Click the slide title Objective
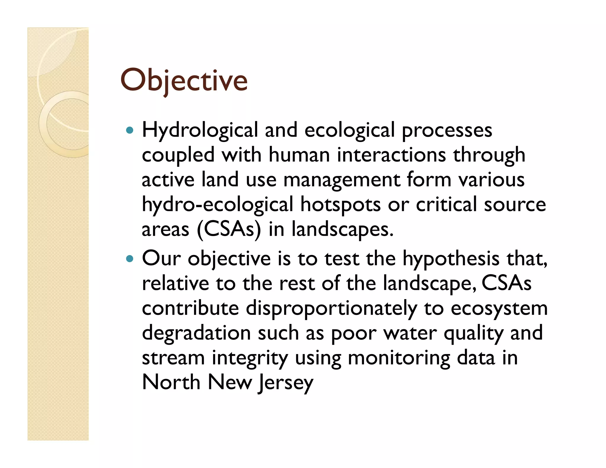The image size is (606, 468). click(184, 80)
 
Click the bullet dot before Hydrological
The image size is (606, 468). click(130, 130)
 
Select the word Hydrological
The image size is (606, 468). click(200, 130)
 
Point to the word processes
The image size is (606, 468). click(447, 130)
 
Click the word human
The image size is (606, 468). click(299, 155)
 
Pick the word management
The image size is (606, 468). click(342, 180)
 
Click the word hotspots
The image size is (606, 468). click(340, 205)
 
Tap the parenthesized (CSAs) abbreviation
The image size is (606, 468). click(229, 229)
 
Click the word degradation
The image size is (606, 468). click(196, 333)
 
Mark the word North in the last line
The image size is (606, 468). click(171, 383)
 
